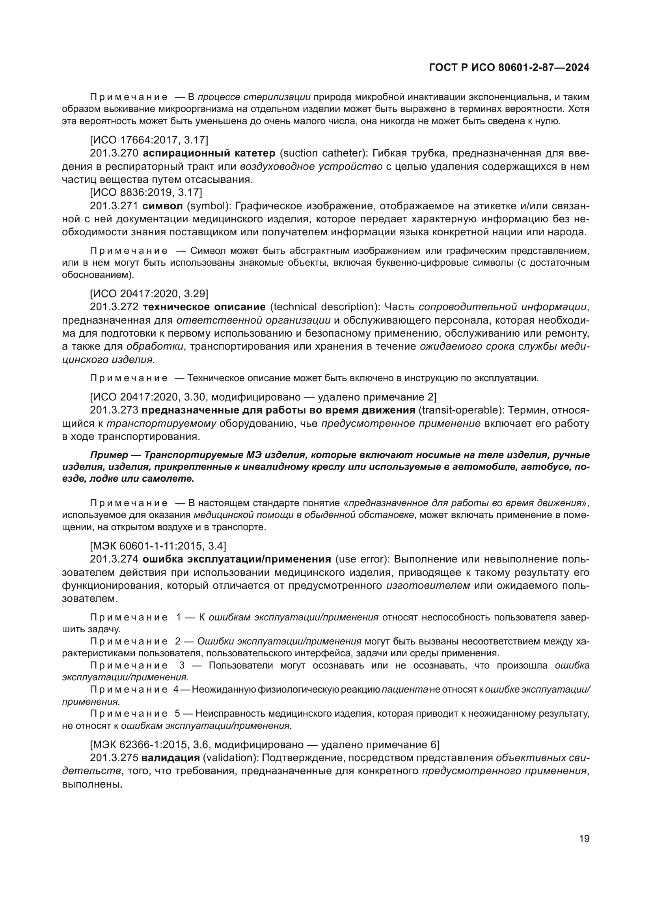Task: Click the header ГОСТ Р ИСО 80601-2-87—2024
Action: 509,68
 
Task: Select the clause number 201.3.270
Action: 114,153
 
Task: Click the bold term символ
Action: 162,206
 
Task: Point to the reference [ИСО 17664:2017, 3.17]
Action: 149,140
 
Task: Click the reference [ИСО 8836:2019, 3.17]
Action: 146,192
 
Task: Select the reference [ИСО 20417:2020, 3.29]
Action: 149,294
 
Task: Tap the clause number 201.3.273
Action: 114,410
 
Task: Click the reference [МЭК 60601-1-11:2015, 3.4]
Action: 158,546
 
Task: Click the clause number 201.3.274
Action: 114,559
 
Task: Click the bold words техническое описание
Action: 204,307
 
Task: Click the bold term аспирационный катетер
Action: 209,153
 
